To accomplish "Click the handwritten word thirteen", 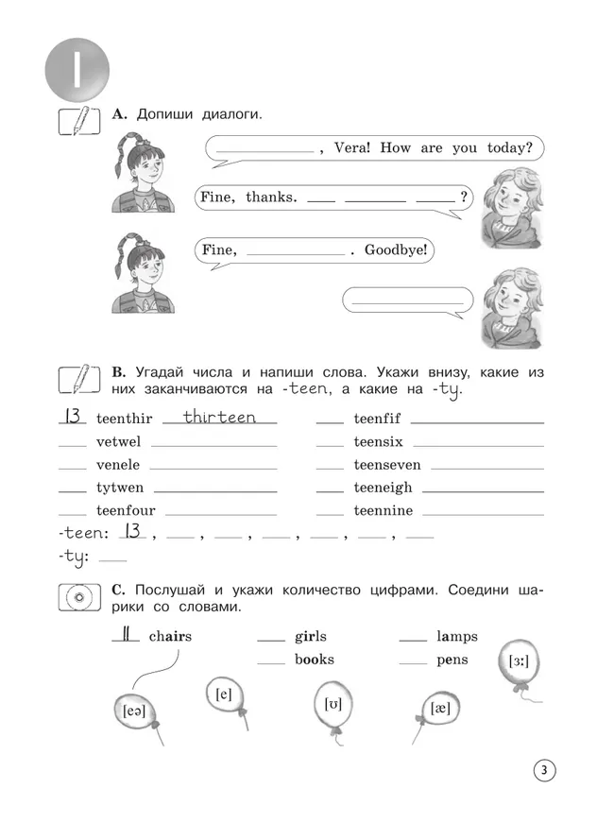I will coord(218,417).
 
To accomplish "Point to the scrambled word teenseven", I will coord(387,465).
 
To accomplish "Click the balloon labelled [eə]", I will coord(134,711).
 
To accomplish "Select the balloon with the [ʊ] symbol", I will coord(333,705).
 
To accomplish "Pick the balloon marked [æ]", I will coord(439,709).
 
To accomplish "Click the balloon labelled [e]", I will coord(224,694).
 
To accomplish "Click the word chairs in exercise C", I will coord(170,636).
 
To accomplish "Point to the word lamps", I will coord(457,636).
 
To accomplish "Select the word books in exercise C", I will coord(314,660).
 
